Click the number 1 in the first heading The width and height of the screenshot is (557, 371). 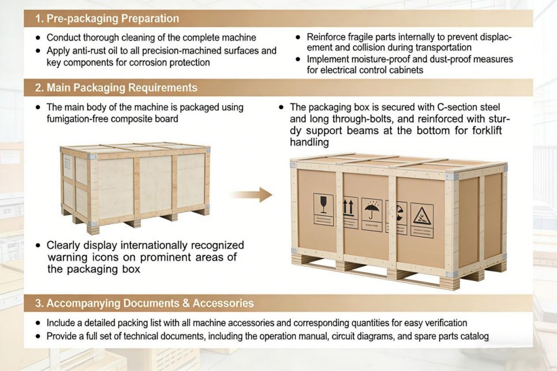38,18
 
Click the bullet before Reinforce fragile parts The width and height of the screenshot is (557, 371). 300,37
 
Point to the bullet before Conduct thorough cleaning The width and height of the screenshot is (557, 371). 38,38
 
